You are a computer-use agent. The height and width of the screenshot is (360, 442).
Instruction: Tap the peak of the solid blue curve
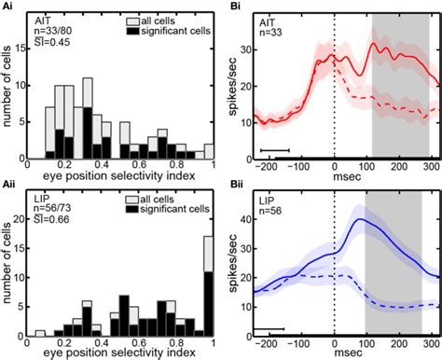point(360,219)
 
